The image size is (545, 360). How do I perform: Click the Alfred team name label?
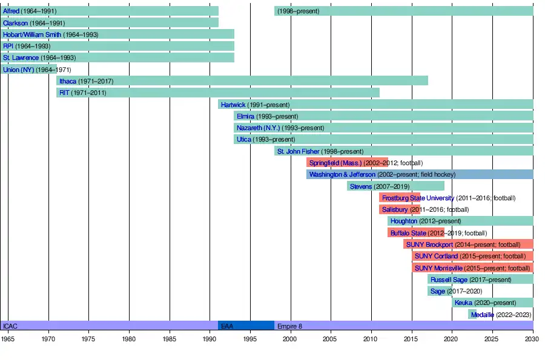(x=11, y=11)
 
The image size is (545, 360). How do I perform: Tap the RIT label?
(x=64, y=93)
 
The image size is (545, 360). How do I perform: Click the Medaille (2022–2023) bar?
(x=472, y=315)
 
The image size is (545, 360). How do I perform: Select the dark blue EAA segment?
(x=246, y=326)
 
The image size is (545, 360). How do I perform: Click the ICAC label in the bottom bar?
(x=10, y=326)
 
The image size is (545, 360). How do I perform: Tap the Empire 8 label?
(x=289, y=326)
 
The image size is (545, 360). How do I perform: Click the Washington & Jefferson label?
(x=342, y=175)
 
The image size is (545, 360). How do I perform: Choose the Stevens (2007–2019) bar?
(x=395, y=186)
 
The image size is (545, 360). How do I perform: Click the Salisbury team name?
(x=395, y=210)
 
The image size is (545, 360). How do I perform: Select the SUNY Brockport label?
(x=429, y=244)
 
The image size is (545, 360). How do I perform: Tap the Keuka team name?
(x=463, y=303)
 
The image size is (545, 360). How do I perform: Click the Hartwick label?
(x=233, y=105)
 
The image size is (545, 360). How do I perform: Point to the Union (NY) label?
(x=19, y=70)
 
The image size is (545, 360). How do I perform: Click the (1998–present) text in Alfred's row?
(x=300, y=11)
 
